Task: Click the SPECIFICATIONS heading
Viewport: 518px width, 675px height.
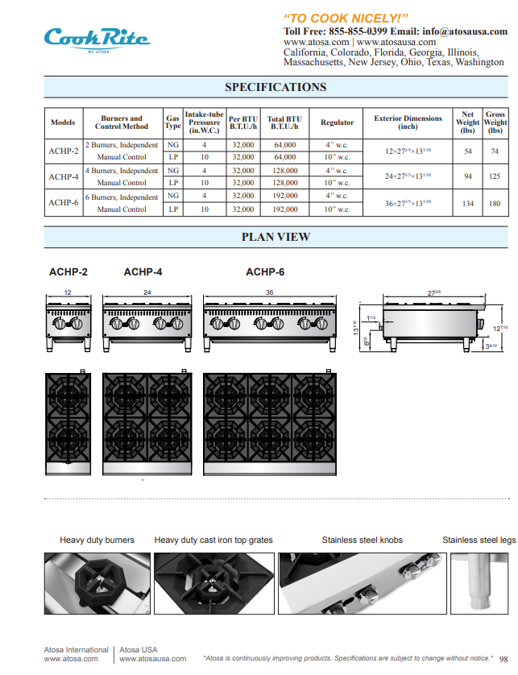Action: tap(276, 87)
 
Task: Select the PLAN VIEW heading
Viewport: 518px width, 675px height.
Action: tap(276, 237)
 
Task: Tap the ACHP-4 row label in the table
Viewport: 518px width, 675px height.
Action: tap(64, 176)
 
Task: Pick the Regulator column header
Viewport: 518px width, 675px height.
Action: tap(337, 122)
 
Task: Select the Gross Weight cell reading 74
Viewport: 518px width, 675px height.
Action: tap(495, 151)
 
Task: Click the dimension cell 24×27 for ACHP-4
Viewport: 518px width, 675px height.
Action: tap(408, 176)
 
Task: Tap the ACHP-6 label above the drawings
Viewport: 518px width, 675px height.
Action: tap(265, 272)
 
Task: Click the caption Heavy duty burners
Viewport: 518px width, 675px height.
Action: tap(97, 540)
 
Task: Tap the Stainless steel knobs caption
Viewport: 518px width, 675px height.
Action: tap(362, 540)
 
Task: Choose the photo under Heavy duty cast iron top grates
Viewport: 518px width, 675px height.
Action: tap(213, 583)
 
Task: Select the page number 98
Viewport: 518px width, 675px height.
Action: tap(503, 658)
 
